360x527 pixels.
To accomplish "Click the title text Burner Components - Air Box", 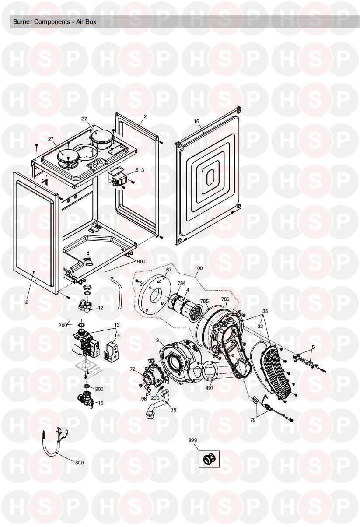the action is (55, 22).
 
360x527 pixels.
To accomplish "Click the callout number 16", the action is (196, 121).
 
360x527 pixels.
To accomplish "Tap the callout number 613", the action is (140, 170).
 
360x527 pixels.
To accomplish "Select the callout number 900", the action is (141, 261).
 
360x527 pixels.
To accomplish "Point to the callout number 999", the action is (192, 440).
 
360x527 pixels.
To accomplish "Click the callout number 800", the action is (79, 463).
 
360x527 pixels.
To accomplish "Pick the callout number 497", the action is (209, 387).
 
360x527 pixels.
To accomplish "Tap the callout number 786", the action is (225, 299).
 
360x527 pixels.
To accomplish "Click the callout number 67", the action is (169, 270).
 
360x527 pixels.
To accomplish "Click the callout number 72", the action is (133, 369).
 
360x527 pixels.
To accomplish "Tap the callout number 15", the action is (101, 403).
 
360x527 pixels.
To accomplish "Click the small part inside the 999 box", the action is (209, 459).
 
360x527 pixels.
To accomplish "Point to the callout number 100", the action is (199, 268).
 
